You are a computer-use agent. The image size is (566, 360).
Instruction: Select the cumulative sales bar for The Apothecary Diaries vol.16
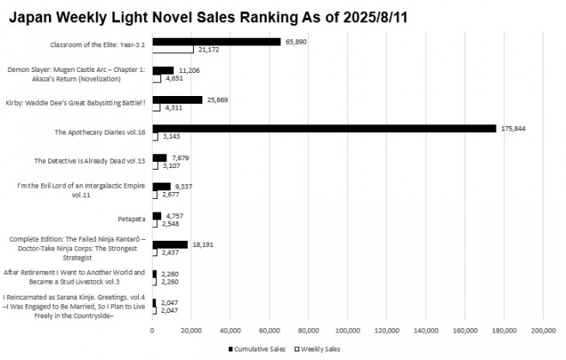point(324,129)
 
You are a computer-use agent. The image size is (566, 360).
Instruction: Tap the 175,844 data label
point(511,129)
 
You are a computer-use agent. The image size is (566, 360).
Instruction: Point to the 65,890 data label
point(297,41)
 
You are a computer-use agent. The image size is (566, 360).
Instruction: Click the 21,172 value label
point(209,51)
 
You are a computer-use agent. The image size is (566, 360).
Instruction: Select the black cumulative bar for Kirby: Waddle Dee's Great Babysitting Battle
point(178,99)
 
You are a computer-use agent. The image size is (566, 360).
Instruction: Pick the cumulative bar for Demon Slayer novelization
point(163,70)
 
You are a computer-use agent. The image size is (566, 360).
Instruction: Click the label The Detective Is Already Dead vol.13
point(89,160)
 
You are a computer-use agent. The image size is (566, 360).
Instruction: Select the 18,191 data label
point(203,244)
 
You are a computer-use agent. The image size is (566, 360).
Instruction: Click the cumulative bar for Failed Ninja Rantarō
point(170,244)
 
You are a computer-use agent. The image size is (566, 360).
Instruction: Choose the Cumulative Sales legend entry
point(257,349)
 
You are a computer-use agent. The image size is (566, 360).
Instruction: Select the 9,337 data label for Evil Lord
point(186,186)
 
